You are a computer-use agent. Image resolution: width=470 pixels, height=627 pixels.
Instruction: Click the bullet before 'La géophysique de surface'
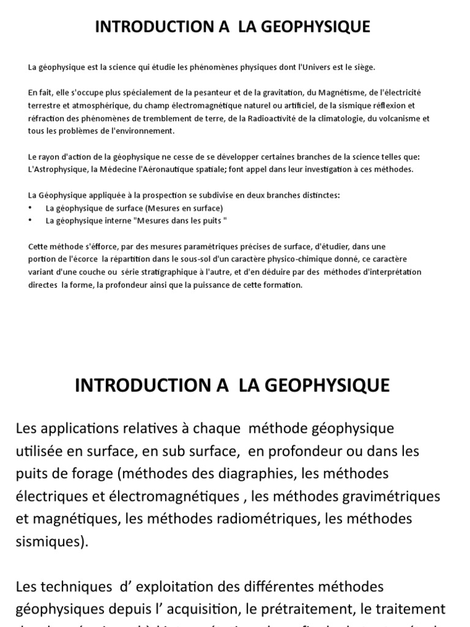(31, 208)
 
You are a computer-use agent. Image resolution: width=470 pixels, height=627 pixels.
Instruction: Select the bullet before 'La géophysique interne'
(31, 220)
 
